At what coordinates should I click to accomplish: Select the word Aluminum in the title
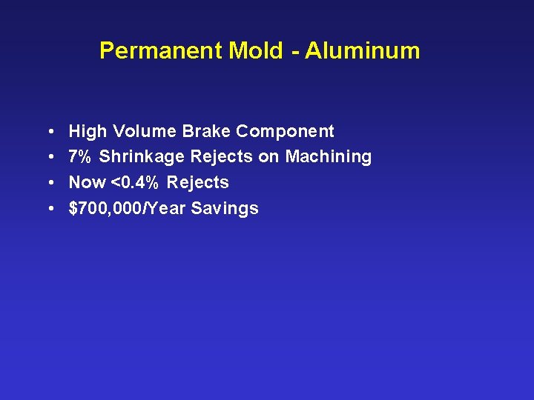coord(363,51)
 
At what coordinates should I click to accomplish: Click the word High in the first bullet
coord(88,132)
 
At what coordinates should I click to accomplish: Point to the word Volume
coord(145,132)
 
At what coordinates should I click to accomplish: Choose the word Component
coord(286,132)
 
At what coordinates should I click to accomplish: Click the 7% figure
coord(81,157)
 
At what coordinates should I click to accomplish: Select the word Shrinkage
coord(142,157)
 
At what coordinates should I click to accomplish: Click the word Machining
coord(329,157)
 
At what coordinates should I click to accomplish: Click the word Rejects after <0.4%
coord(198,182)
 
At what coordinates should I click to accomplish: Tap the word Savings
coord(225,208)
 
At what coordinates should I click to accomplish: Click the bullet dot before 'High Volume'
coord(47,132)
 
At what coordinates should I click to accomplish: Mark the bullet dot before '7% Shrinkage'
coord(47,157)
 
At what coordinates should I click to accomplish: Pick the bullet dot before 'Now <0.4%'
coord(47,182)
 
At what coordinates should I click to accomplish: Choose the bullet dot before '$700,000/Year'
coord(47,208)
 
